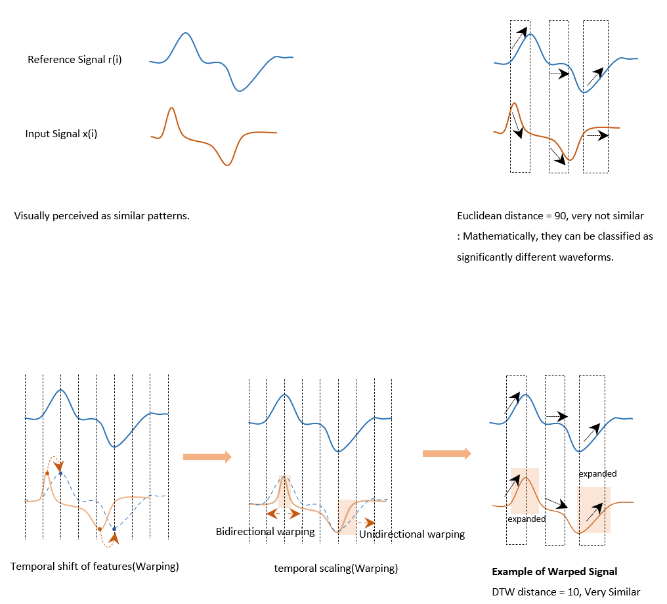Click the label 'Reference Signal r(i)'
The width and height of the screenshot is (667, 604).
click(x=74, y=60)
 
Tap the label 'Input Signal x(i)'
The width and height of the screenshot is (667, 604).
click(x=61, y=134)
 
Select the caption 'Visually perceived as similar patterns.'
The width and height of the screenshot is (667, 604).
click(x=102, y=216)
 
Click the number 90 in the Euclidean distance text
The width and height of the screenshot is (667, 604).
click(x=560, y=216)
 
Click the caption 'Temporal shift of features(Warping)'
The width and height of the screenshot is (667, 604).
click(x=95, y=567)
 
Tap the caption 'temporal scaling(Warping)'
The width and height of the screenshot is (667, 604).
click(x=335, y=569)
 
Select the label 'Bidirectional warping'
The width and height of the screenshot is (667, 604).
click(x=265, y=532)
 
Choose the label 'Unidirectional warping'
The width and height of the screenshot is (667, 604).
click(x=412, y=534)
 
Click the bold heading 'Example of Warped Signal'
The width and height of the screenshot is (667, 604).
click(x=554, y=572)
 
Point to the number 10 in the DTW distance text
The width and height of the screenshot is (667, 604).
click(x=573, y=592)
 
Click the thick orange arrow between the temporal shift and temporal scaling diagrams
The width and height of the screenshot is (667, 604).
click(x=207, y=457)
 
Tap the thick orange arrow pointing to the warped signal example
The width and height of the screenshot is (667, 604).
click(x=446, y=454)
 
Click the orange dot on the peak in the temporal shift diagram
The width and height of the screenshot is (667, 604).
click(x=47, y=473)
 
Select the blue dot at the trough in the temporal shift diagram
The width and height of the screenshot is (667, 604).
click(x=114, y=529)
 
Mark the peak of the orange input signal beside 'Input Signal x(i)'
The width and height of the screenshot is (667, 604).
click(x=171, y=108)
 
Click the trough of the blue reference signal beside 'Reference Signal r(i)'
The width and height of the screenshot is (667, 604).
click(x=239, y=91)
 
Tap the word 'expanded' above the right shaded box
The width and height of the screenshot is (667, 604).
click(x=597, y=474)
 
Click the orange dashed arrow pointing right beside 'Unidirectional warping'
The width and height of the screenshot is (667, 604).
click(x=366, y=523)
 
